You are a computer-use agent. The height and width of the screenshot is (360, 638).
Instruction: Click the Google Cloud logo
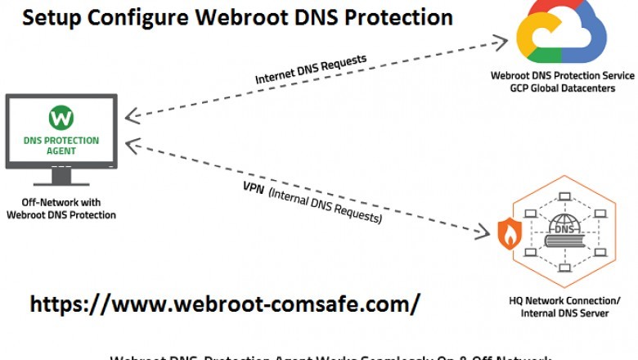561,35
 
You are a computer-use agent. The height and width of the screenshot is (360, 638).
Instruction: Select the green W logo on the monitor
61,118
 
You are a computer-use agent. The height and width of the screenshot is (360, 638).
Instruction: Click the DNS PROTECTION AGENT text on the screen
61,146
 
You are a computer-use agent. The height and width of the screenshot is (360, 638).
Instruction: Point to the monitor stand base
61,181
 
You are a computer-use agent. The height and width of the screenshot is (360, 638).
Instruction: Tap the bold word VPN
253,185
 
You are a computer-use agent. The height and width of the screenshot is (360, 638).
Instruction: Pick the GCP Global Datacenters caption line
562,88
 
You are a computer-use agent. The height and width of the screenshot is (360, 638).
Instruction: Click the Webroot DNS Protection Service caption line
562,76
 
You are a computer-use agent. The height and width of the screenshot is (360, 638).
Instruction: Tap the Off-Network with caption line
61,202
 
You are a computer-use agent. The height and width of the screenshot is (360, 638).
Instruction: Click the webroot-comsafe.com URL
225,304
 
